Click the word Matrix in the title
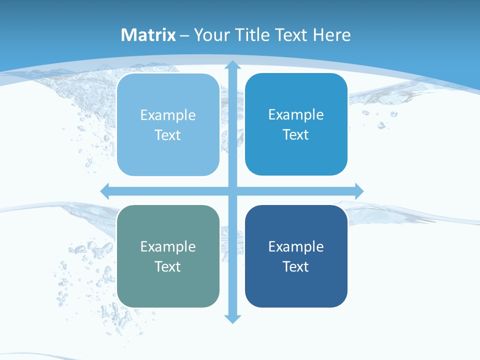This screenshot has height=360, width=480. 148,35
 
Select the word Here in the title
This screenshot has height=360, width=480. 332,35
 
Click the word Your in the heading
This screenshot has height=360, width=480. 210,35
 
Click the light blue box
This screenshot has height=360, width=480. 168,125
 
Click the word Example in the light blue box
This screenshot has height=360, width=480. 168,115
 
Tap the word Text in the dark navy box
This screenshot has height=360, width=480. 296,266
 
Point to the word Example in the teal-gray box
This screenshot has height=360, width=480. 168,246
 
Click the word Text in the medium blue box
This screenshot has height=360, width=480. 296,135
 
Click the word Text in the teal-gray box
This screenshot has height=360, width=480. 168,266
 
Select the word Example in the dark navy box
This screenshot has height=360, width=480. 296,246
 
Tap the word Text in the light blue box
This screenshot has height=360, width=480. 168,135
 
